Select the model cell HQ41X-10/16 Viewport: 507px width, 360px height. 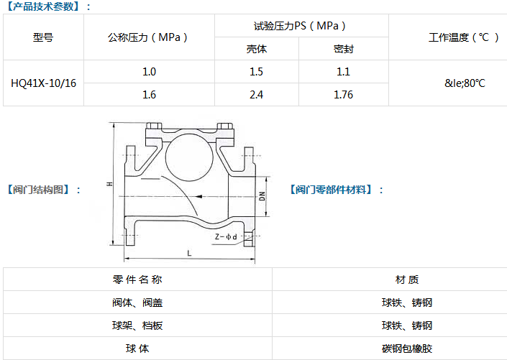tap(43, 83)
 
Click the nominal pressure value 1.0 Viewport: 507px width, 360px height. tap(149, 71)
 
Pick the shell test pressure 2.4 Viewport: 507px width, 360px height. tap(255, 94)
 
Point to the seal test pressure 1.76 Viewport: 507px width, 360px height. tap(343, 94)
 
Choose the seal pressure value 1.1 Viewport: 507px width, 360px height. tap(343, 71)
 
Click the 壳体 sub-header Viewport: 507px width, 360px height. tap(255, 50)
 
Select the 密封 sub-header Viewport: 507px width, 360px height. tap(343, 50)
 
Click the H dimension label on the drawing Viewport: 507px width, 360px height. tap(109, 185)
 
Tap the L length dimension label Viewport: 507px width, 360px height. tap(189, 254)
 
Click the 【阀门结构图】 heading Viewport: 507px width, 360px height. tap(42, 190)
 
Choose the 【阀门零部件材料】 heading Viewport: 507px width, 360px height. tap(337, 190)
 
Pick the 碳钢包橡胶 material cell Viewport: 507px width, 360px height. tap(407, 349)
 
